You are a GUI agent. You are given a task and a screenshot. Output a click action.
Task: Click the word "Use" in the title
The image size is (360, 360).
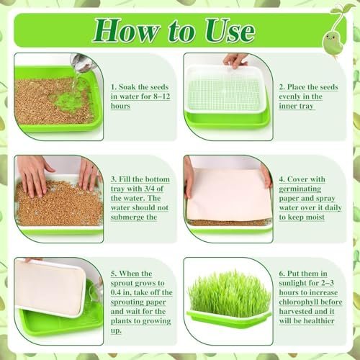tap(230, 31)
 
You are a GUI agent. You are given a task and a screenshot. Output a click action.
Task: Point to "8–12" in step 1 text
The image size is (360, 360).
tap(162, 96)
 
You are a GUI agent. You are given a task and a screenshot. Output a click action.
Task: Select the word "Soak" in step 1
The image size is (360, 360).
tap(127, 87)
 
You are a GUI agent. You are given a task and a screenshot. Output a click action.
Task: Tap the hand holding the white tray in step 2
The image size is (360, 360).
tap(235, 60)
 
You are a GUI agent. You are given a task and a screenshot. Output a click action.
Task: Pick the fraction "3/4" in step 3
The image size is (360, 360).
tap(149, 189)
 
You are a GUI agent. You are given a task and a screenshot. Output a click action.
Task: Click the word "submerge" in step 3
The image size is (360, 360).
tap(127, 217)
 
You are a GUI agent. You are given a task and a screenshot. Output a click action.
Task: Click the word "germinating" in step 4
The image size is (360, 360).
tap(300, 189)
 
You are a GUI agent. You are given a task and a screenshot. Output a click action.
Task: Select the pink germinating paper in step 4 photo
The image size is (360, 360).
tap(228, 194)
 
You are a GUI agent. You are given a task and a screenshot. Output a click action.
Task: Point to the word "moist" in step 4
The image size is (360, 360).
tap(315, 217)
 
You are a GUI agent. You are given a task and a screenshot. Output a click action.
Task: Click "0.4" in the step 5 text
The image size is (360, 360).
tap(116, 292)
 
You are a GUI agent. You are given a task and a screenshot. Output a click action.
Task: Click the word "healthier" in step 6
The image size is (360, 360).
tap(318, 321)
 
